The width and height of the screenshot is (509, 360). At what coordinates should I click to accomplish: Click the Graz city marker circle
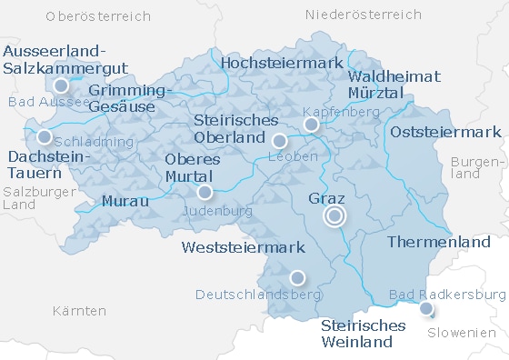tap(334, 215)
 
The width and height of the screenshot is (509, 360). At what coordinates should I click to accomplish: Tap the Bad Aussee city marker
tap(61, 86)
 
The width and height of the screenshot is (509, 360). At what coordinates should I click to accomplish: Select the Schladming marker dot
tap(45, 137)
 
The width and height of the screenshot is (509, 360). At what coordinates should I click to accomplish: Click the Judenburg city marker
tap(205, 192)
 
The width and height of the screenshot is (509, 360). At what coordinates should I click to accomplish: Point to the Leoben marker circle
tap(279, 140)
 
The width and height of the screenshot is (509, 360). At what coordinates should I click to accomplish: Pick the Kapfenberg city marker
tap(311, 124)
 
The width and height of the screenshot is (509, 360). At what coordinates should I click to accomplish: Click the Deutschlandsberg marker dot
tap(296, 277)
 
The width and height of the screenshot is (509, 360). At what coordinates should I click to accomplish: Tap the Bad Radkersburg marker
tap(426, 309)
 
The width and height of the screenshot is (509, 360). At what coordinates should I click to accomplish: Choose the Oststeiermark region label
tap(445, 133)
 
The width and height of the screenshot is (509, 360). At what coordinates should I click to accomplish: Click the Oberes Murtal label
tap(189, 166)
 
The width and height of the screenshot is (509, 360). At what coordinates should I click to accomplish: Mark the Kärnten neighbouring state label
tap(79, 311)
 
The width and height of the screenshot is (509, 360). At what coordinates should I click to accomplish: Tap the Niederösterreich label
tap(364, 15)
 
